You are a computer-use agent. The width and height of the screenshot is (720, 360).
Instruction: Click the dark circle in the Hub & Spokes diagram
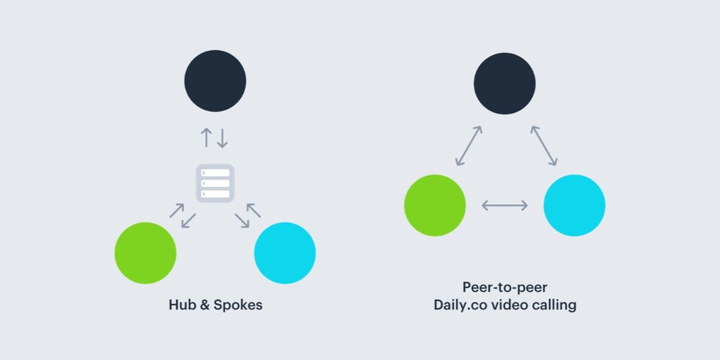[215, 80]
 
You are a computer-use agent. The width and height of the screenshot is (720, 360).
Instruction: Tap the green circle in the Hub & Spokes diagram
[145, 253]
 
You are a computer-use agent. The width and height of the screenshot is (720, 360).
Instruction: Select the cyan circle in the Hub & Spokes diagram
[285, 253]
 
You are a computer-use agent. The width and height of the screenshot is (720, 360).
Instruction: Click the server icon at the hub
[215, 183]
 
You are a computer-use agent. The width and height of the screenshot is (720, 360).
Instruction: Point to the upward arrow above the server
[206, 138]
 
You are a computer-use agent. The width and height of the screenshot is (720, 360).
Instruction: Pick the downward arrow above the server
[223, 138]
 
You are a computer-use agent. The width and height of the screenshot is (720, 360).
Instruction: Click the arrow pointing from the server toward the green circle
[188, 221]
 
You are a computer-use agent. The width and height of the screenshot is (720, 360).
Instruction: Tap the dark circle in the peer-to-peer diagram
[505, 83]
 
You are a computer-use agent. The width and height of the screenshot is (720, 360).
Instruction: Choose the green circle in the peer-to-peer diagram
[435, 205]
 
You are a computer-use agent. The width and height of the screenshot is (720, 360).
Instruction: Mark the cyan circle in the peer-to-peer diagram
[574, 205]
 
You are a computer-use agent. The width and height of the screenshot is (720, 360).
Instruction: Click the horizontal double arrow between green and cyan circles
[505, 206]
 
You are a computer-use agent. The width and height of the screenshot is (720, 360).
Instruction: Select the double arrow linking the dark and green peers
[469, 145]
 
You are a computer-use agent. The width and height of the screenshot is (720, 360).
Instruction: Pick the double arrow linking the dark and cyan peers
[544, 145]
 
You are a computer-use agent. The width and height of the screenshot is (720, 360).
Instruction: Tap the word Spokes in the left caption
[239, 305]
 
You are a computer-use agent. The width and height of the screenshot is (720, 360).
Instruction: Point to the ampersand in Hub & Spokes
[203, 305]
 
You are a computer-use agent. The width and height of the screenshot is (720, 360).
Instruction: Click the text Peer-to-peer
[505, 287]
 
